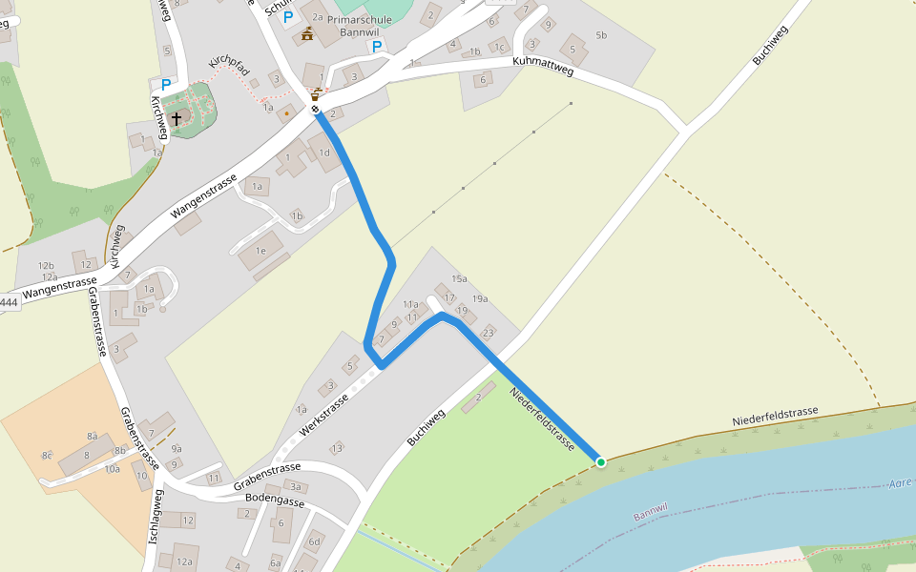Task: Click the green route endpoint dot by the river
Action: (x=601, y=462)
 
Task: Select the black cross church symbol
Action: (x=177, y=119)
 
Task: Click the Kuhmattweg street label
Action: (x=542, y=65)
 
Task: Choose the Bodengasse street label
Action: (x=275, y=500)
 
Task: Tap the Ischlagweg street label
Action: (x=156, y=517)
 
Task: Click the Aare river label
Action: (x=901, y=483)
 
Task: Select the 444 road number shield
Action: (x=9, y=303)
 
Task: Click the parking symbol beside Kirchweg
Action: (x=166, y=85)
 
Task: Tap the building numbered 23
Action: (x=489, y=333)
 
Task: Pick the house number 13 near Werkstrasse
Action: (x=337, y=448)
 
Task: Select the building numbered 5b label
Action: (x=600, y=35)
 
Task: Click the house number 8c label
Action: (x=47, y=456)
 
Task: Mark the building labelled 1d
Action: (x=324, y=153)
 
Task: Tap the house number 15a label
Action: (x=459, y=278)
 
